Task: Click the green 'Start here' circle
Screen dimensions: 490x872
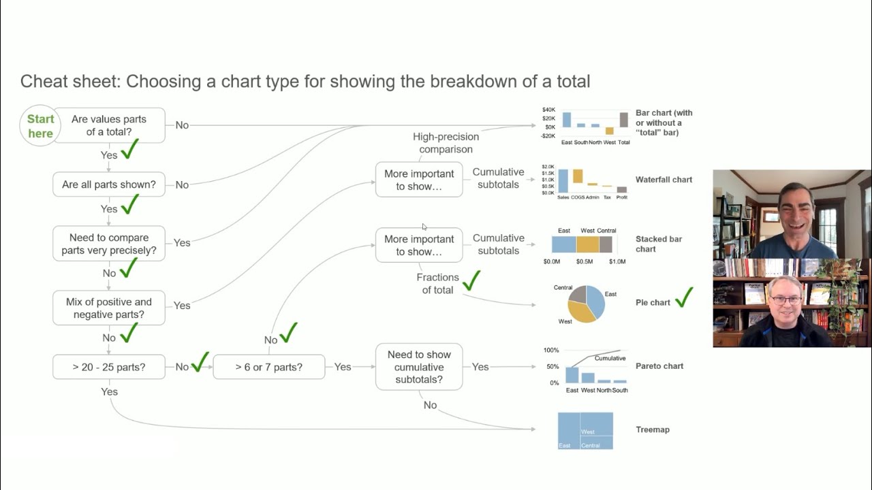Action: [40, 126]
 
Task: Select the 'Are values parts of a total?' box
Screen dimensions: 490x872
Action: [109, 125]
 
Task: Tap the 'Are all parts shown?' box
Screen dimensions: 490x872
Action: [109, 184]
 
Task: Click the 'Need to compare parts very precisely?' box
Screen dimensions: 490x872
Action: [109, 244]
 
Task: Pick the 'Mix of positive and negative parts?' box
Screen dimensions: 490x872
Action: [109, 308]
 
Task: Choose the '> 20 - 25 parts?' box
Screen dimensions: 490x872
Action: [109, 367]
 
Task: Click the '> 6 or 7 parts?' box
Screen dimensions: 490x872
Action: [268, 367]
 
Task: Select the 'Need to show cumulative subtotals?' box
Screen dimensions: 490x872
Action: [419, 367]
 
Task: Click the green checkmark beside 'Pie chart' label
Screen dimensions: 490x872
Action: [683, 297]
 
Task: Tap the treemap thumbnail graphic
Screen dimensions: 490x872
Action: [585, 430]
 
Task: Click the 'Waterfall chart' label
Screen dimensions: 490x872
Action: [664, 180]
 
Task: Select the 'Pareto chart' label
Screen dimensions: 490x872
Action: [659, 366]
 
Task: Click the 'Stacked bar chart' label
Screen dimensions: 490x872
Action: [658, 244]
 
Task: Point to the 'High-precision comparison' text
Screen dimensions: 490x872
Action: [446, 143]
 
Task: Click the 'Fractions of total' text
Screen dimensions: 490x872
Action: [437, 284]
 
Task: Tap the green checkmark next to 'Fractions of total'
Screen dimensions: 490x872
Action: [471, 280]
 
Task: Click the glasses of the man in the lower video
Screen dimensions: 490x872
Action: [787, 300]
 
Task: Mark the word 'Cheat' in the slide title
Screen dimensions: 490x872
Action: [44, 82]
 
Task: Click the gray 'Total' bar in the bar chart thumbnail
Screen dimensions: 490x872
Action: [623, 120]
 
